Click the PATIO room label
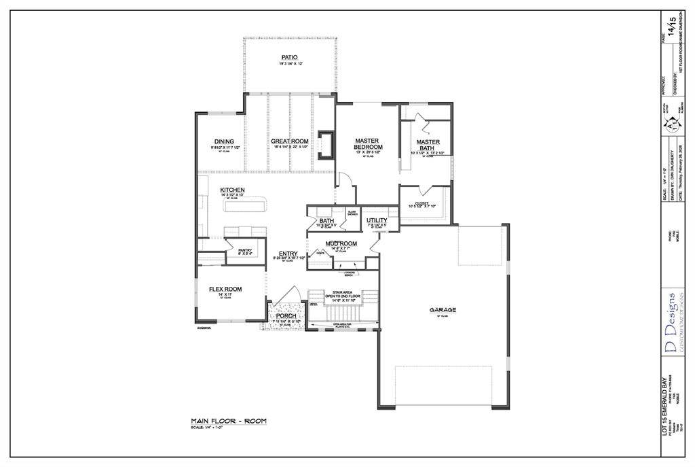pyautogui.click(x=290, y=57)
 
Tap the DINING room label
pyautogui.click(x=224, y=142)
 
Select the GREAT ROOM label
pyautogui.click(x=290, y=142)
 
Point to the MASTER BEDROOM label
pyautogui.click(x=369, y=144)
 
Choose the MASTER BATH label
pyautogui.click(x=428, y=145)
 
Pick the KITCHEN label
pyautogui.click(x=232, y=190)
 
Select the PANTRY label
pyautogui.click(x=245, y=250)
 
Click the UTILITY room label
pyautogui.click(x=377, y=220)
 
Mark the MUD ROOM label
pyautogui.click(x=341, y=243)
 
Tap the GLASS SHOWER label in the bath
pyautogui.click(x=352, y=213)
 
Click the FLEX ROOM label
pyautogui.click(x=225, y=290)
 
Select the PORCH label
pyautogui.click(x=286, y=316)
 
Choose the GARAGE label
pyautogui.click(x=443, y=310)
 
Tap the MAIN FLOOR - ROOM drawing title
pyautogui.click(x=229, y=421)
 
